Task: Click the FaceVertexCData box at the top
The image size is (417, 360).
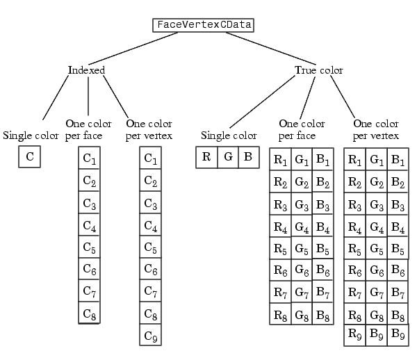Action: [203, 25]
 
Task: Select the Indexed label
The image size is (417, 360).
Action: [86, 70]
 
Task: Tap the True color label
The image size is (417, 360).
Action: [319, 70]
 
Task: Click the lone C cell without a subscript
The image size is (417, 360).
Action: [29, 156]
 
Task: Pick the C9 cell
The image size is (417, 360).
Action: [151, 335]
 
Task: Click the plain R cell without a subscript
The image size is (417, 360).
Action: [206, 157]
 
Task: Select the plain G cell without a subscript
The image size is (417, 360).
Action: [228, 157]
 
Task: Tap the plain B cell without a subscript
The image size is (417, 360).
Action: [249, 157]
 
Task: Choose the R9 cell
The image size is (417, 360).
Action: [354, 335]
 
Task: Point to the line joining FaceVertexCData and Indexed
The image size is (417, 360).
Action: [133, 49]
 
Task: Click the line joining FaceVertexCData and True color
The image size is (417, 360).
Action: [271, 49]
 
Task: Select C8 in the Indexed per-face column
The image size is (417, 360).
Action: [90, 313]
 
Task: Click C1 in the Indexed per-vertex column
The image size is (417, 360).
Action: [151, 158]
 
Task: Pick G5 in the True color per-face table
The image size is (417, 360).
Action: [302, 248]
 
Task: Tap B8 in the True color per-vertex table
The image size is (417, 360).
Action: [398, 315]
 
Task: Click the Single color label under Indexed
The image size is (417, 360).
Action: [31, 136]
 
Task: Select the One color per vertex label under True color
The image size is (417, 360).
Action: [376, 129]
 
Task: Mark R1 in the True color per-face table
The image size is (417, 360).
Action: [280, 159]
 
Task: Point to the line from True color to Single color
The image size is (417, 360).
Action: [262, 102]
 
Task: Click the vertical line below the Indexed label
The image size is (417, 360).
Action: [88, 96]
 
